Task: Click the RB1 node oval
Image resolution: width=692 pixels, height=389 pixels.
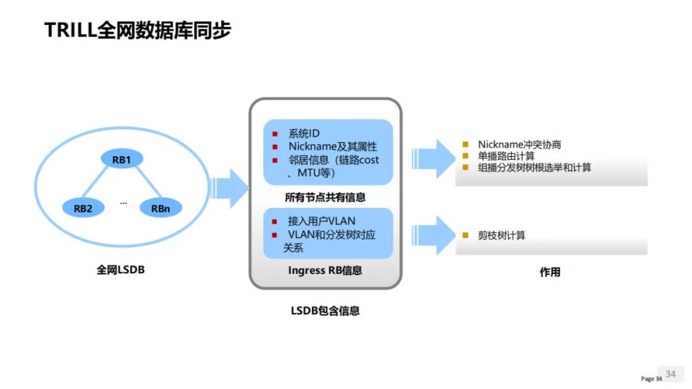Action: point(122,159)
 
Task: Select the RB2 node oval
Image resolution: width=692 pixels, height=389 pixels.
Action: point(83,209)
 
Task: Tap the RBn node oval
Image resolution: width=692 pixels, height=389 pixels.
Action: point(161,209)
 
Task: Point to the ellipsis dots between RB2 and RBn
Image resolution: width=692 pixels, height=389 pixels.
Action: point(124,203)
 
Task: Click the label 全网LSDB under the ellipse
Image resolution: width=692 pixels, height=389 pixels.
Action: point(120,269)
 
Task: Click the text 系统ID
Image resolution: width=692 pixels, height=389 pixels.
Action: point(304,134)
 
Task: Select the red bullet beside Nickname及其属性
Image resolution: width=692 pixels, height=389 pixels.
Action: point(275,147)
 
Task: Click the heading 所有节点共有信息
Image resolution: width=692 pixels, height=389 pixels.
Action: point(325,197)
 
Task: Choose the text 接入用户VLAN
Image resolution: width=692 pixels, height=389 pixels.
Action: point(321,221)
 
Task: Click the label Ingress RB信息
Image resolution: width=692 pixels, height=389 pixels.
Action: point(325,270)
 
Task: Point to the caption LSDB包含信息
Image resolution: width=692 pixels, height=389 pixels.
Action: point(325,310)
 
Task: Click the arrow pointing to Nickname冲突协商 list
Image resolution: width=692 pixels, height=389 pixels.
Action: point(433,159)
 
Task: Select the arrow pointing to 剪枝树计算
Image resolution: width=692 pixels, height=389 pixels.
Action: point(433,235)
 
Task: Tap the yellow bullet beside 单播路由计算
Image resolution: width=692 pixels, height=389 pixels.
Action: point(465,155)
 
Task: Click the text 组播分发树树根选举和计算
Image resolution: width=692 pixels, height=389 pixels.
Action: point(534,168)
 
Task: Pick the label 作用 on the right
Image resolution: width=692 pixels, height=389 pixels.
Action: point(550,273)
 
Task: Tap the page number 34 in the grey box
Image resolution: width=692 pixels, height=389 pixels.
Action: point(670,374)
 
